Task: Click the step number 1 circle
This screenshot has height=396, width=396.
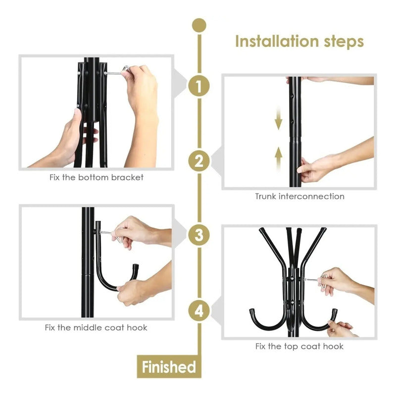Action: point(199,86)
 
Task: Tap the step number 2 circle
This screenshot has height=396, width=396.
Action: point(199,160)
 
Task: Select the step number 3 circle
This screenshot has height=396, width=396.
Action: point(199,235)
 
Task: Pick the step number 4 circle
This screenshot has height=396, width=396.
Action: point(199,311)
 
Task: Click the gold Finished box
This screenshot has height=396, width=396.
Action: point(169,366)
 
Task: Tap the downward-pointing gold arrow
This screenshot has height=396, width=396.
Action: point(278,118)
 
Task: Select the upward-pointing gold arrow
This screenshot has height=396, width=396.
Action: point(278,158)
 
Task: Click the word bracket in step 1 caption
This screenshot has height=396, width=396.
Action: point(127,177)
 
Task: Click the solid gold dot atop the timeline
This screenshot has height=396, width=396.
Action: point(199,25)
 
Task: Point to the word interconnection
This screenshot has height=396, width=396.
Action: point(311,196)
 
